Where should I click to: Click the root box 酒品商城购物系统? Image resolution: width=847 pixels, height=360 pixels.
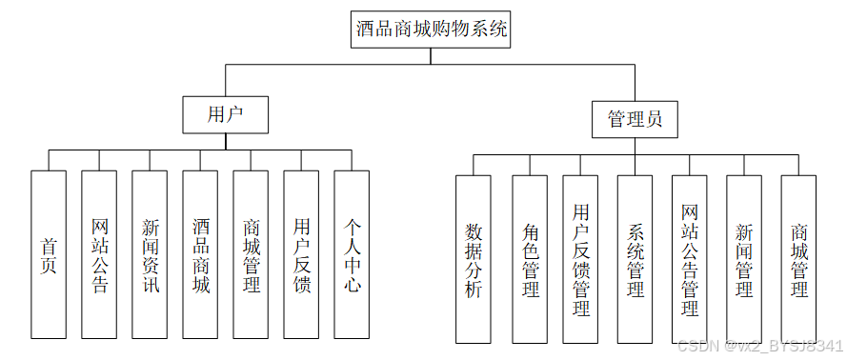[431, 30]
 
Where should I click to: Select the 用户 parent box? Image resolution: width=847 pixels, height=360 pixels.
[225, 114]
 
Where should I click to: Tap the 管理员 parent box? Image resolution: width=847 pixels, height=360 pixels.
[635, 119]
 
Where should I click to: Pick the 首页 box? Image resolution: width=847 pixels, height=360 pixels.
[49, 254]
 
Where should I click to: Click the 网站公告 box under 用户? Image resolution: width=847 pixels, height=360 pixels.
[99, 254]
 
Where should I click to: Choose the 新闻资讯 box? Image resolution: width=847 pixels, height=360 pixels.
[150, 254]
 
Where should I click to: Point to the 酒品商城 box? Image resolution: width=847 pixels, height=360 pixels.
[200, 254]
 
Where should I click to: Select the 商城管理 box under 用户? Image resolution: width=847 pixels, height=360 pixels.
[251, 254]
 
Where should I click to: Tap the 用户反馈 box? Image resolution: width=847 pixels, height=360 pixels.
[301, 254]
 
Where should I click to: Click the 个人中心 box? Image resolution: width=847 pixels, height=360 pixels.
[352, 254]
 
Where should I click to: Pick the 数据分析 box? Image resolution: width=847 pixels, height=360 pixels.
[474, 259]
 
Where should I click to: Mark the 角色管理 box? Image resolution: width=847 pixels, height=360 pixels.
[530, 259]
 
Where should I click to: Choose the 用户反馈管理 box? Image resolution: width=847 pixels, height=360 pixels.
[580, 259]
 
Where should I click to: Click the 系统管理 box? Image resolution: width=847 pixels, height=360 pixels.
[635, 259]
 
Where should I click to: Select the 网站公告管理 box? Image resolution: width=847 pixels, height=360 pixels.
[689, 259]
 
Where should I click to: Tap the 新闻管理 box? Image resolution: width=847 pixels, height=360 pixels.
[744, 259]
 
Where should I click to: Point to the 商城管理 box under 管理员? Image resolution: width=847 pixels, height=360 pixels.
[798, 259]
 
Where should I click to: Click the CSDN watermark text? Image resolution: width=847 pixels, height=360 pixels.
[759, 346]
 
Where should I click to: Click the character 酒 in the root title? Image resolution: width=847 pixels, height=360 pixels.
[366, 29]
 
